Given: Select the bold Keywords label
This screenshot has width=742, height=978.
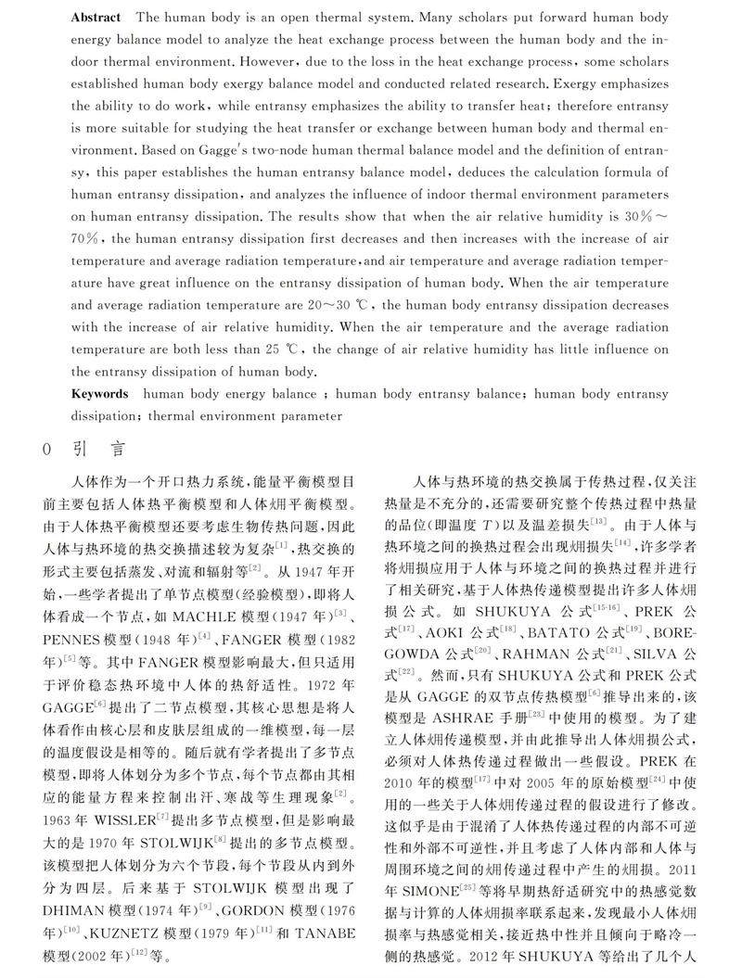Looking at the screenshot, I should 99,394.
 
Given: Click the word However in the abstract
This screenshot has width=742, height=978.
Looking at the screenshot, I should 299,62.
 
